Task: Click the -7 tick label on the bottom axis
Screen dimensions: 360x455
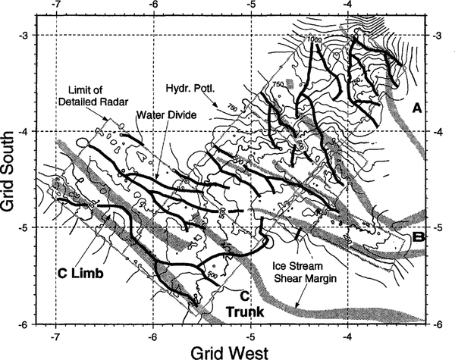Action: [x=55, y=334]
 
